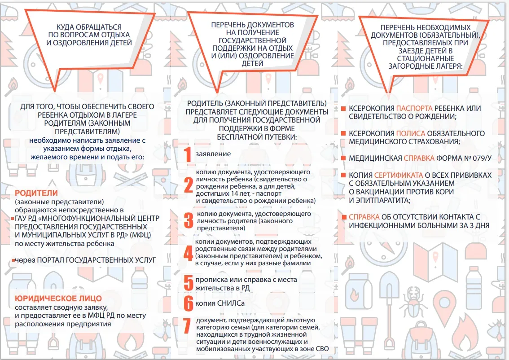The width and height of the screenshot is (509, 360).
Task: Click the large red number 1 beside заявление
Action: tap(188, 154)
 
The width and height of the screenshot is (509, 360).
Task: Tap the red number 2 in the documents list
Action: tap(189, 184)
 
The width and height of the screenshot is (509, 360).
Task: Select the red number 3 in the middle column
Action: tap(189, 220)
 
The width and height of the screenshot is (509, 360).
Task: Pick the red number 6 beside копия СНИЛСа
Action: tap(189, 303)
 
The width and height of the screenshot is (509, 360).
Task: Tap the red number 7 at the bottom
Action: tap(187, 326)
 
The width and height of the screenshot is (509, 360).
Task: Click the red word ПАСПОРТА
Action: tap(414, 109)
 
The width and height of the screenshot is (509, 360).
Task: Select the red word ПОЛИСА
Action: tap(410, 133)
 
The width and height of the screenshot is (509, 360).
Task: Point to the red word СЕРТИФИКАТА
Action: tap(399, 176)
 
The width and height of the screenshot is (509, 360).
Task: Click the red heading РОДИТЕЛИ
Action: tap(36, 193)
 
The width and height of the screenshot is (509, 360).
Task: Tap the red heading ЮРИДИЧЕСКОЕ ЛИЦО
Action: tap(58, 299)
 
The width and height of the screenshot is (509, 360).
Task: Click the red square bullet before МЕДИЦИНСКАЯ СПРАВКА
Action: tap(343, 158)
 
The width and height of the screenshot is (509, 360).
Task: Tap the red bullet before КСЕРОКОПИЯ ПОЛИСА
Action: tap(343, 133)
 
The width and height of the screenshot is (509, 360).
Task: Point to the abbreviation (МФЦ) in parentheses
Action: tap(140, 235)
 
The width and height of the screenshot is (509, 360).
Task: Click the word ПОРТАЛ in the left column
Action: tap(51, 260)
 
